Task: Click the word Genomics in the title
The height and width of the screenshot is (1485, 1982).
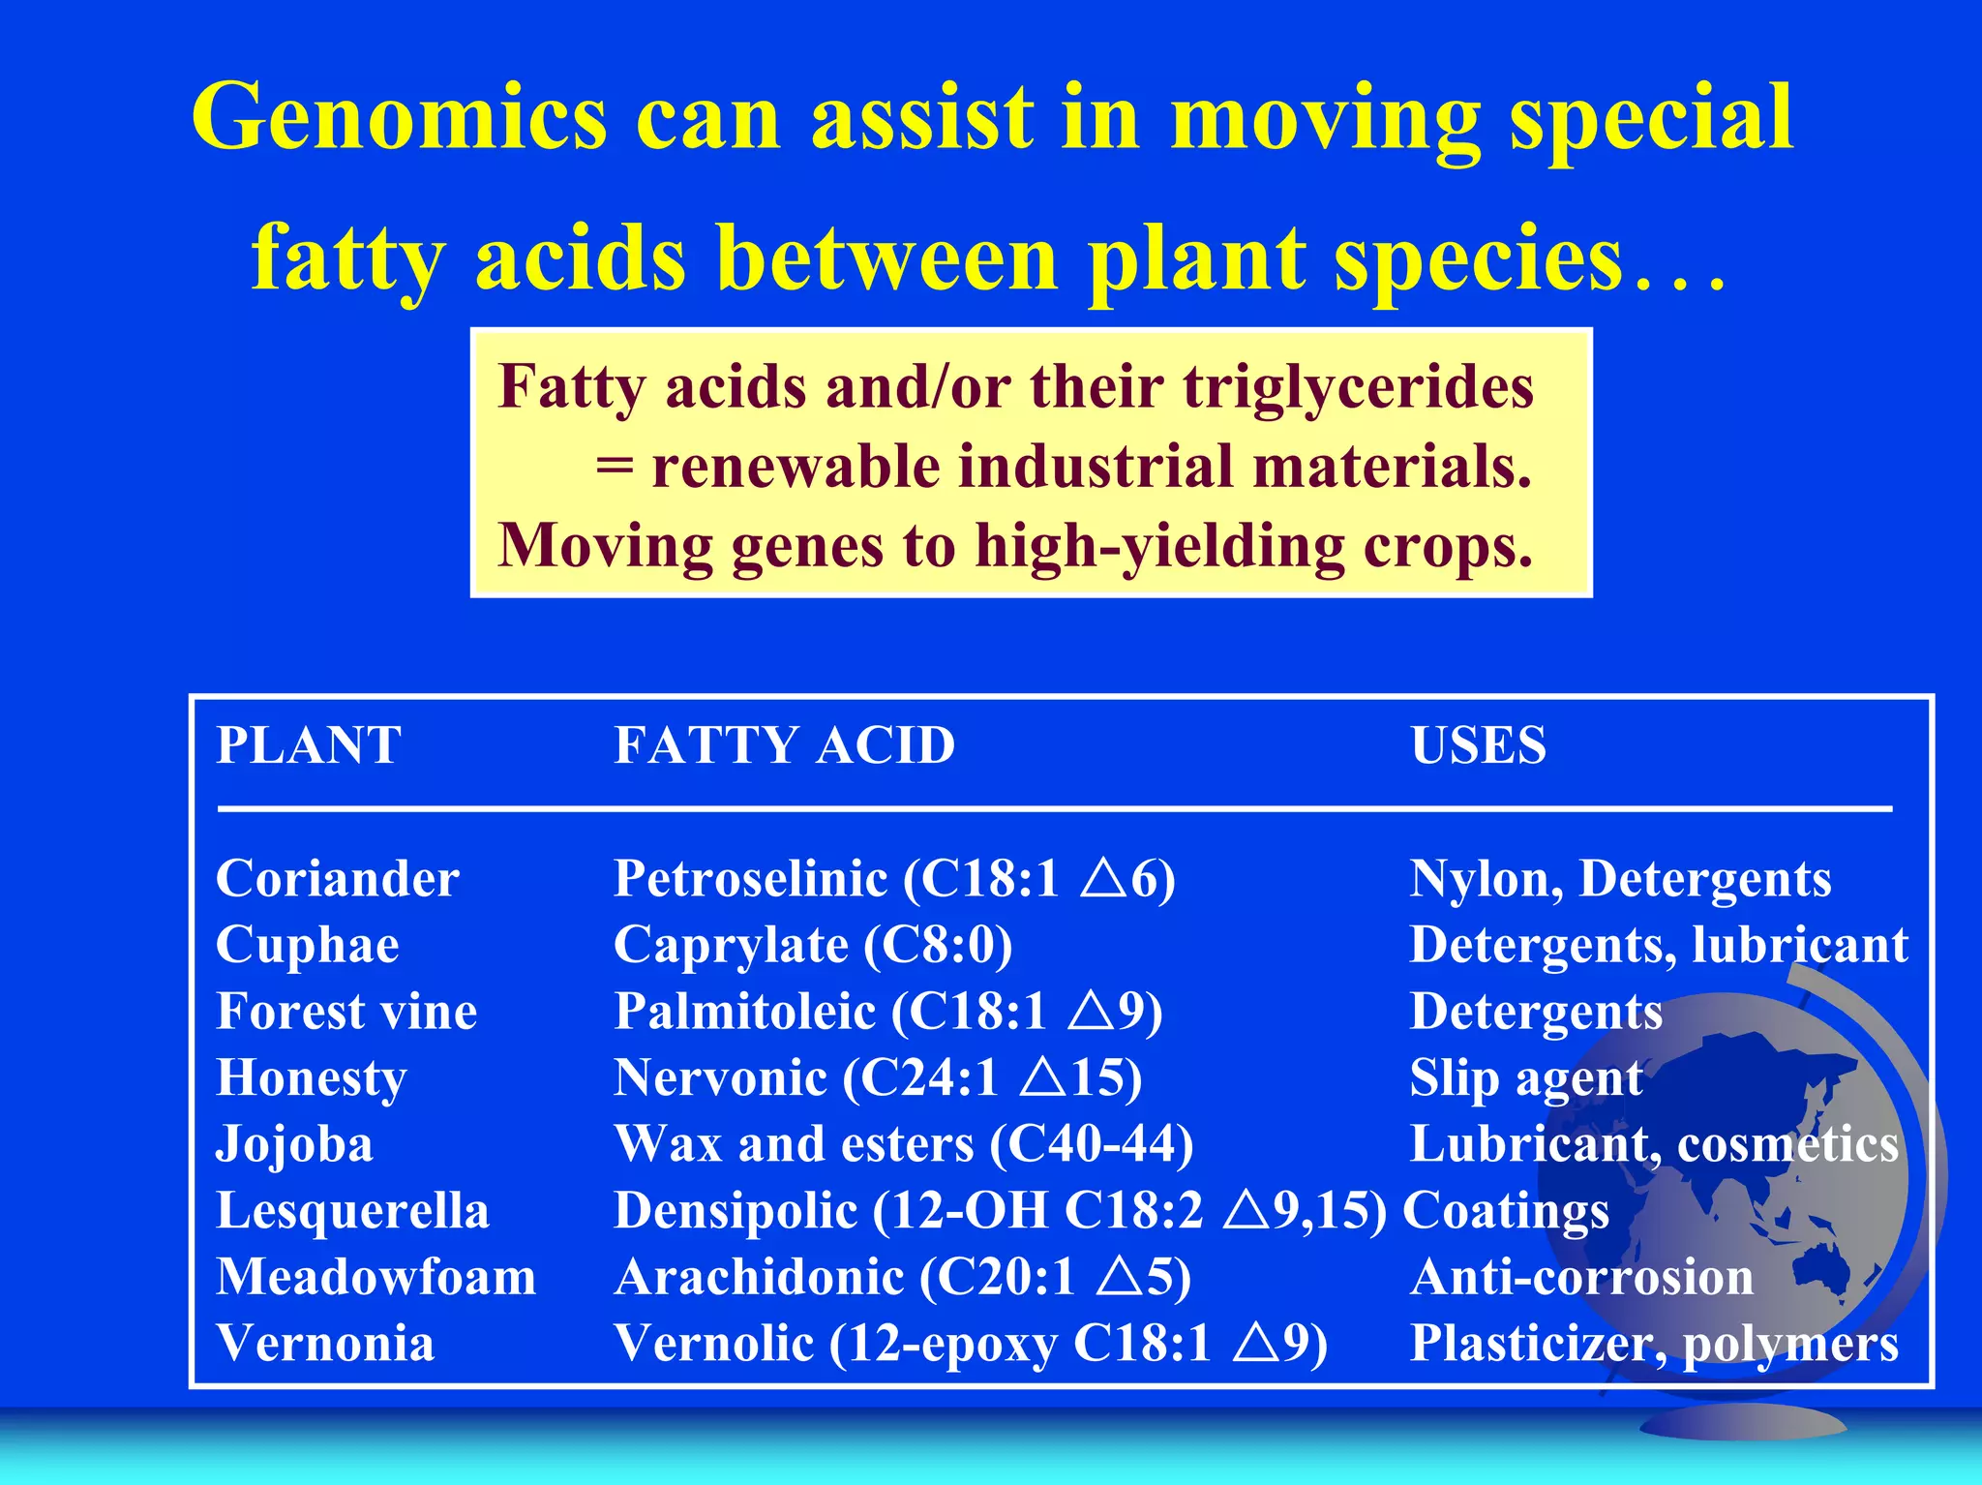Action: pos(399,118)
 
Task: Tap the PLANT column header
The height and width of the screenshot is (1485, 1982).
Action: pos(309,745)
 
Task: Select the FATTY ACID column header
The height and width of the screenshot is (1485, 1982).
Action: pos(785,745)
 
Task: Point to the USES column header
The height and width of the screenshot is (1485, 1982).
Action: pos(1478,745)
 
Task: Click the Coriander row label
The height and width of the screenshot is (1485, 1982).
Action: pos(337,879)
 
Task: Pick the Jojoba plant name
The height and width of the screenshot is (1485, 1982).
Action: pos(294,1144)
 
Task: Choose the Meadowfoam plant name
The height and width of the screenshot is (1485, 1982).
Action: pos(375,1277)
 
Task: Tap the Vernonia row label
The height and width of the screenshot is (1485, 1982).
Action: pos(325,1344)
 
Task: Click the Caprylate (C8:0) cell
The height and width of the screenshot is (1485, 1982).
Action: pos(813,946)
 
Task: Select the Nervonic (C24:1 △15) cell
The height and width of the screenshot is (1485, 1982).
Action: pos(878,1078)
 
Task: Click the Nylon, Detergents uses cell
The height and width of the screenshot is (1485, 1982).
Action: pos(1620,879)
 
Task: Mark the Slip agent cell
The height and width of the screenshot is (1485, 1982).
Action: pos(1526,1078)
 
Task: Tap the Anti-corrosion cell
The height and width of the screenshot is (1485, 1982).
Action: pos(1581,1277)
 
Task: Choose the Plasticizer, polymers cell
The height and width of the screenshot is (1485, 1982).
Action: pos(1654,1344)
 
